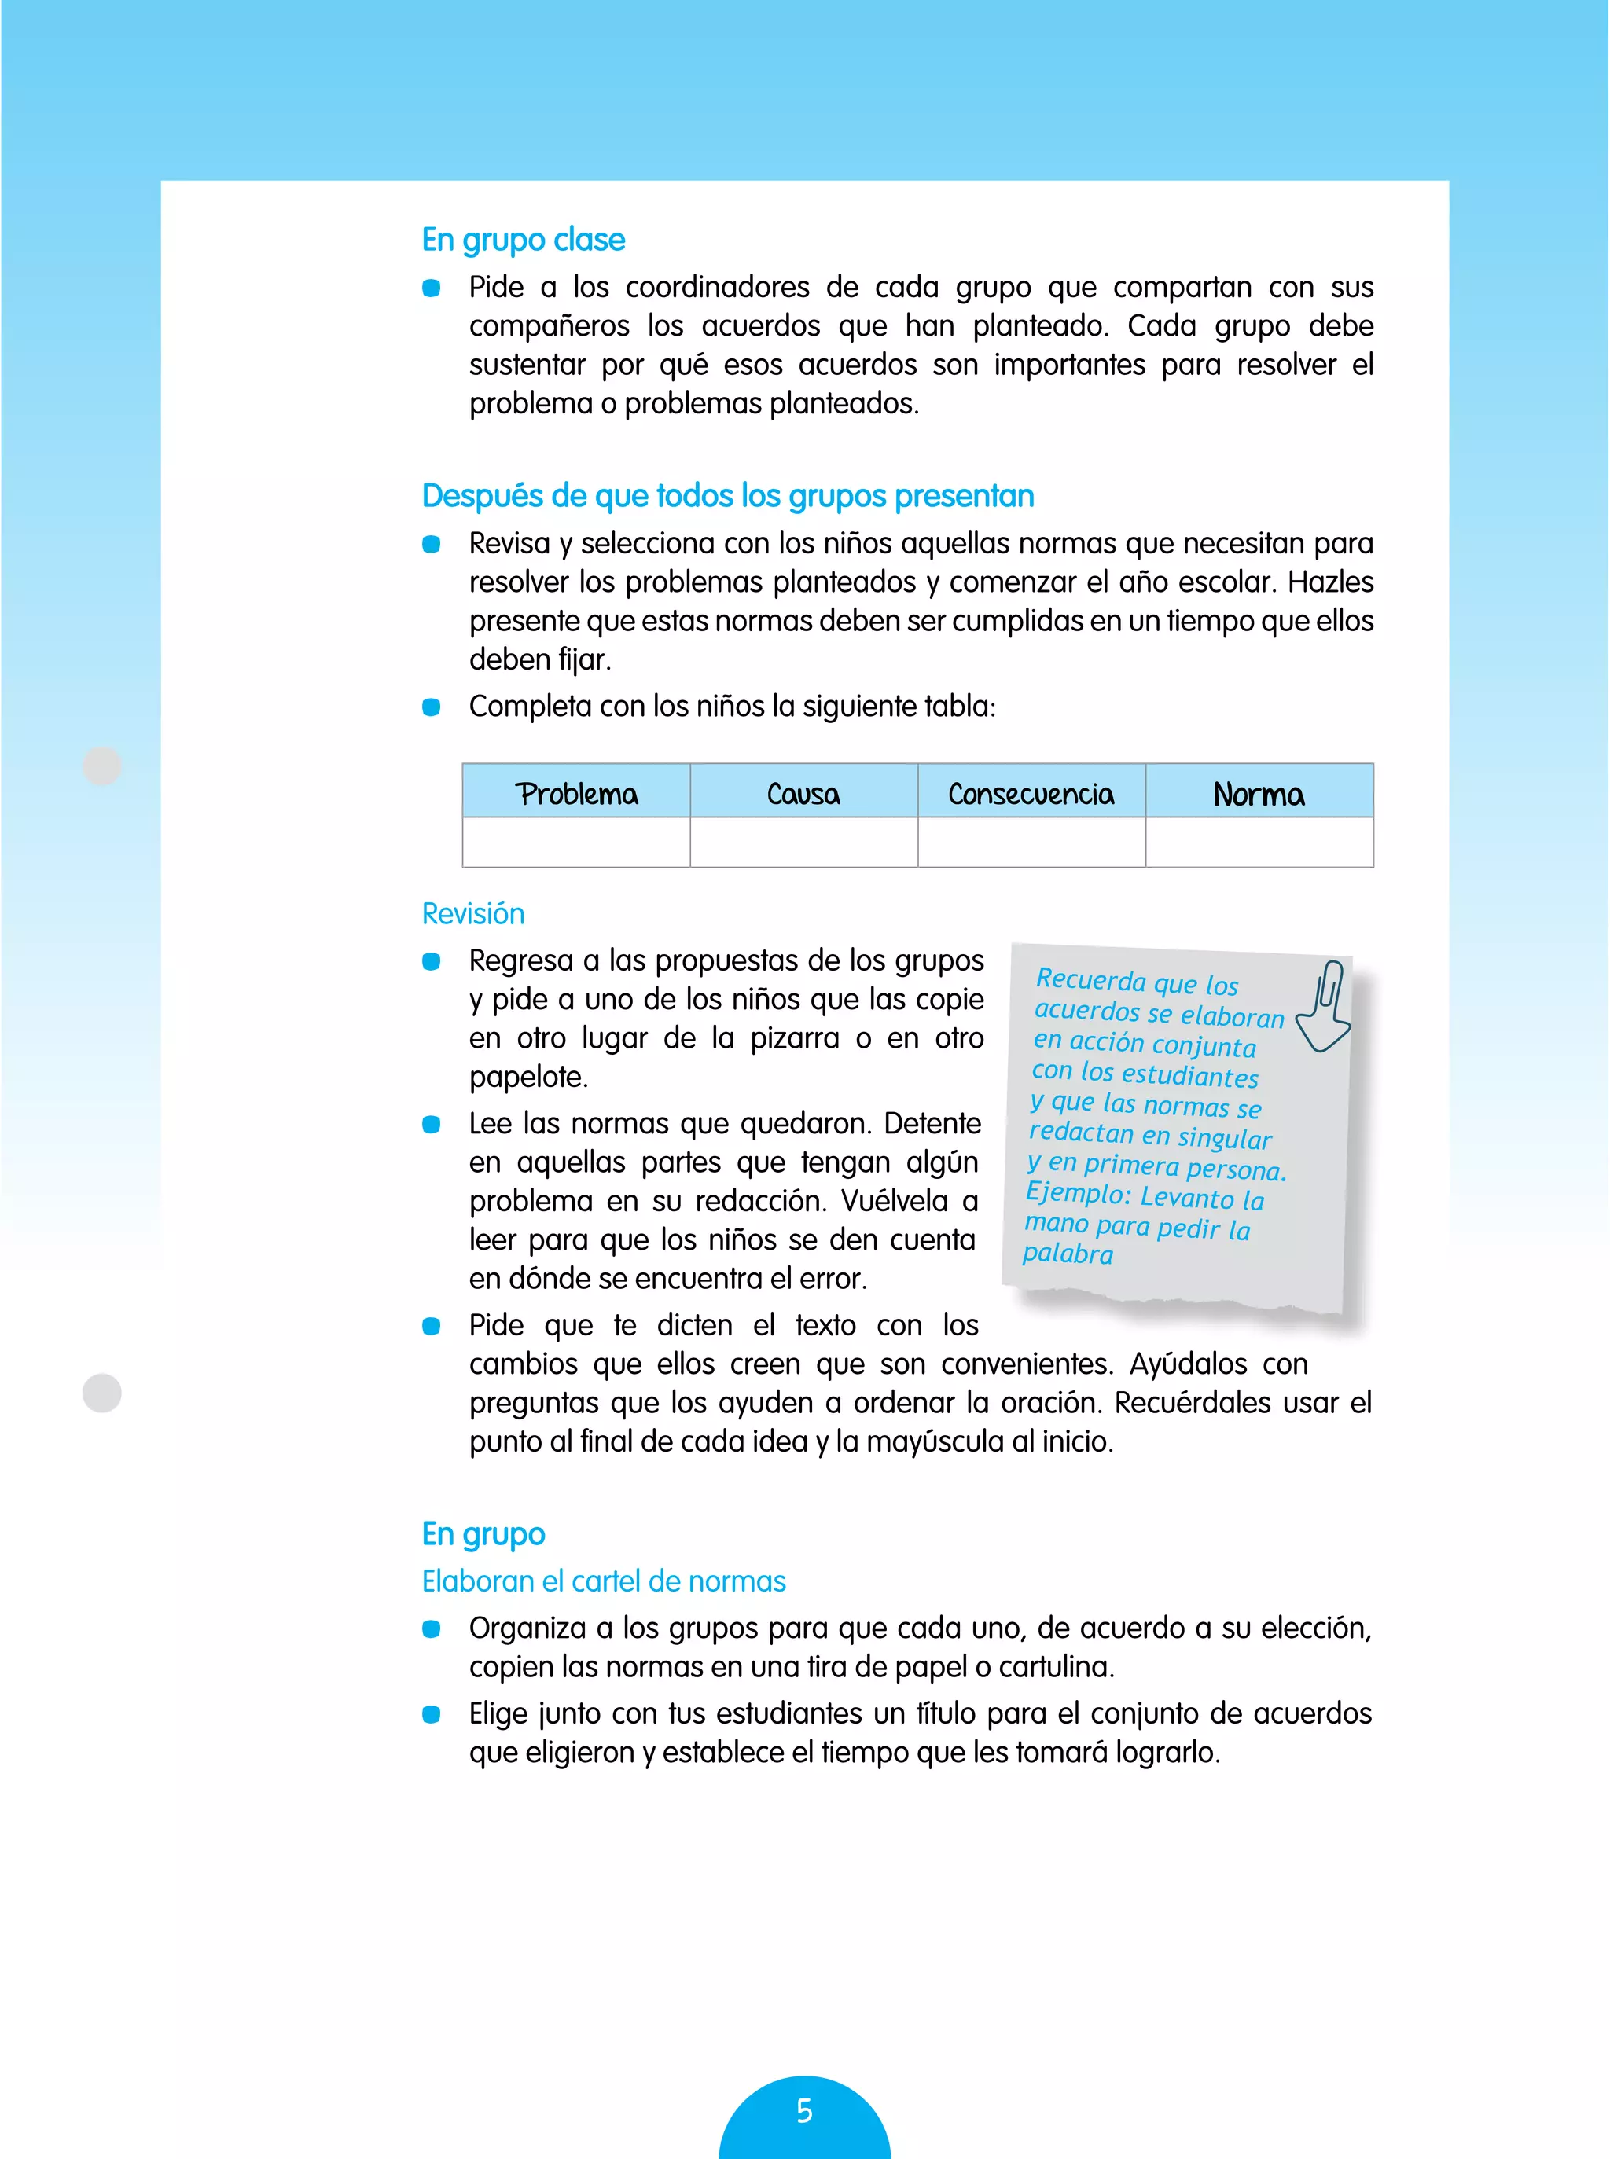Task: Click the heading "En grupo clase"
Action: [524, 240]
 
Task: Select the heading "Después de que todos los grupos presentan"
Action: [727, 496]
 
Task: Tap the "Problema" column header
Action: [576, 793]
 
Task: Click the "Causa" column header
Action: [803, 793]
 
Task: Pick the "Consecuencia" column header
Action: [1031, 793]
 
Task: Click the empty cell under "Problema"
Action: [576, 842]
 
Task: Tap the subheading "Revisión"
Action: [472, 914]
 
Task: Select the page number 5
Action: [804, 2110]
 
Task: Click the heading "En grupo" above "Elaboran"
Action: [483, 1533]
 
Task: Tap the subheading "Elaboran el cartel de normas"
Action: [603, 1581]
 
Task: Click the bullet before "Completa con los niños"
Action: [431, 707]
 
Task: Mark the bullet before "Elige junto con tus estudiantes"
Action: [431, 1713]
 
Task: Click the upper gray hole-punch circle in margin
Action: [102, 766]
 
